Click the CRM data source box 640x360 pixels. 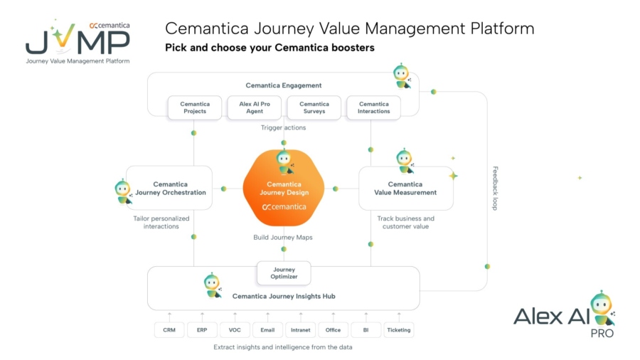tap(169, 330)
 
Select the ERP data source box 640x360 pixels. tap(202, 330)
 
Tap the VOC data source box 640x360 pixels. tap(235, 330)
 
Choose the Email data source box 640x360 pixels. tap(267, 330)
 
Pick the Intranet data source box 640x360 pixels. tap(300, 330)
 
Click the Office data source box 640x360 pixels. tap(333, 330)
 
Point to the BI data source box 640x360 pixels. tap(366, 330)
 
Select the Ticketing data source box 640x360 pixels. tap(398, 330)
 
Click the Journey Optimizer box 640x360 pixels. tap(284, 273)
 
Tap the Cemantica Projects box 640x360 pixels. tap(195, 107)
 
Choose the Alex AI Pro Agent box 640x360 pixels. tap(255, 107)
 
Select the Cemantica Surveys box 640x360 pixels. tap(314, 107)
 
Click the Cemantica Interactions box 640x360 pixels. tap(374, 107)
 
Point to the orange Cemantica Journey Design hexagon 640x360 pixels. tap(284, 189)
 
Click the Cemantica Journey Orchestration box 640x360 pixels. tap(169, 189)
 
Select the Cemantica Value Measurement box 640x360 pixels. tap(405, 189)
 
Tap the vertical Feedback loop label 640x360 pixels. tap(496, 188)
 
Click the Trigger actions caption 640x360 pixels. tap(283, 128)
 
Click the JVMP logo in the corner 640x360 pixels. tap(78, 41)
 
